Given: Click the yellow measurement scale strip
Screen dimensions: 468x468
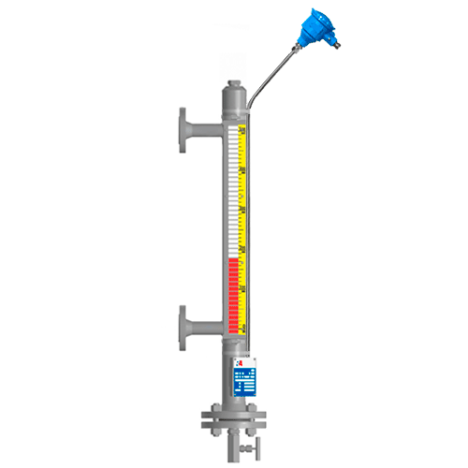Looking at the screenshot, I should pyautogui.click(x=243, y=206).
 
